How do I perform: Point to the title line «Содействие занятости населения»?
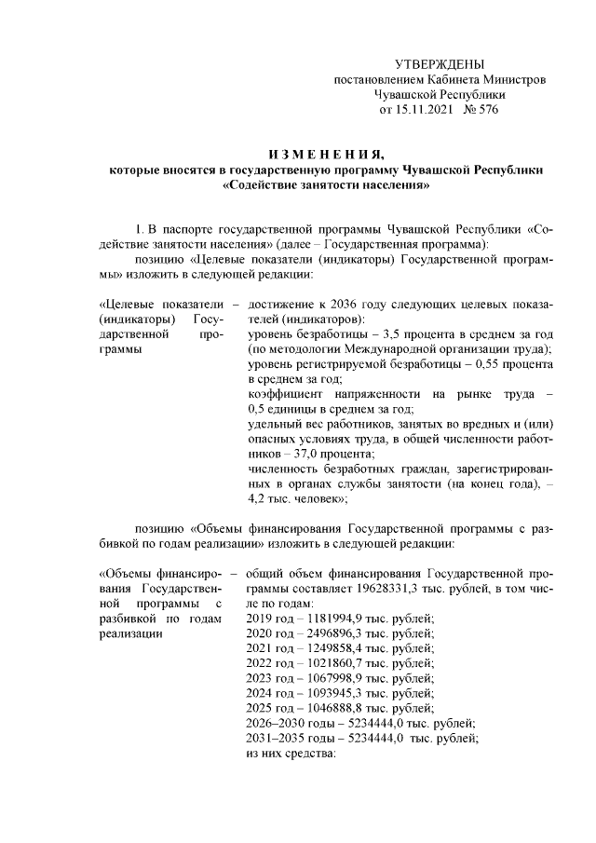(327, 184)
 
